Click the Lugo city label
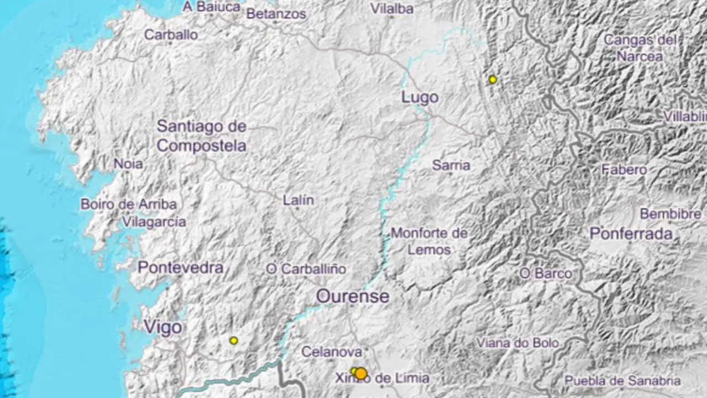[x=420, y=98]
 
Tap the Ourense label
[x=352, y=296]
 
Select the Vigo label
[x=163, y=327]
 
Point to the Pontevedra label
[x=181, y=268]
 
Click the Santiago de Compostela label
[x=202, y=136]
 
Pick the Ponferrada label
[x=631, y=234]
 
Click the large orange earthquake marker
[x=361, y=374]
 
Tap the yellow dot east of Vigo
[x=234, y=341]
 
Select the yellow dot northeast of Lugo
[x=493, y=80]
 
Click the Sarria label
[x=451, y=165]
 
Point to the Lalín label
[x=298, y=200]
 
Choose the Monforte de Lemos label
[x=429, y=242]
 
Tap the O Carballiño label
[x=306, y=269]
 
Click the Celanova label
[x=331, y=352]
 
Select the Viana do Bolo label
[x=518, y=343]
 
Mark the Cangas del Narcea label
[x=640, y=48]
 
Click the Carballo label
[x=171, y=35]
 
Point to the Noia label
[x=128, y=164]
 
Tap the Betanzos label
[x=276, y=14]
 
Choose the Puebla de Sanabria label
[x=622, y=381]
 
